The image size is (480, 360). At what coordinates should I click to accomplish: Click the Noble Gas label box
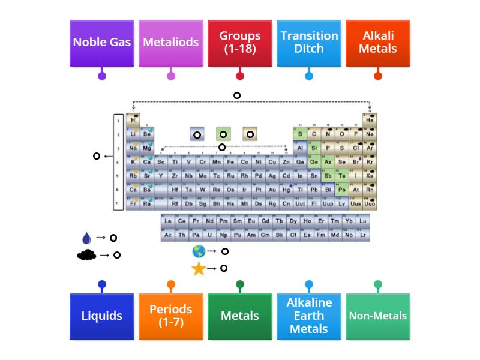coord(102,43)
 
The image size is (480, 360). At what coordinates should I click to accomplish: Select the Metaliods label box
coord(171,43)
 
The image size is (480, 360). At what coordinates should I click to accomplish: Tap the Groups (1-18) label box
coord(240,43)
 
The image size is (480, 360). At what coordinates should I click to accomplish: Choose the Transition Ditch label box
coord(309,43)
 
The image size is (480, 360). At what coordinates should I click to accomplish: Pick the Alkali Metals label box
coord(378,43)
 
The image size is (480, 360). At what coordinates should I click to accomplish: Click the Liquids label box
coord(102,316)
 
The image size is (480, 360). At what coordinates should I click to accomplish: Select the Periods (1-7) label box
coord(171,316)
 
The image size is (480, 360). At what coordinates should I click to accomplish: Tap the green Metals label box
coord(240,316)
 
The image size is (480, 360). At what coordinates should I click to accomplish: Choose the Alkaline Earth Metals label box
coord(309,316)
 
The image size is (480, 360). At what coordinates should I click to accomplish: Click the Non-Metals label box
coord(378,316)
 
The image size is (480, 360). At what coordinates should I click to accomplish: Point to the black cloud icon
coord(86,255)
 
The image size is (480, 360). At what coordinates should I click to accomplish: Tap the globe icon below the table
coord(199,252)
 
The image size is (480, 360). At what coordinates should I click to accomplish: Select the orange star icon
coord(199,269)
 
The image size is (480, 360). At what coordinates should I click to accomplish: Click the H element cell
coord(133,121)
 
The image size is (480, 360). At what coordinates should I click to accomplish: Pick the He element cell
coord(370,121)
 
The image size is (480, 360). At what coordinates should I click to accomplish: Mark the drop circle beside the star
coord(224,268)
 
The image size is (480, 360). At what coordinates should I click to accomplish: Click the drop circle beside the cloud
coord(117,255)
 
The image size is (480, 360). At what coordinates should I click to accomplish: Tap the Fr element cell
coord(133,203)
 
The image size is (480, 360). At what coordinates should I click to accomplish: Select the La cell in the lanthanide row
coord(167,221)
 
